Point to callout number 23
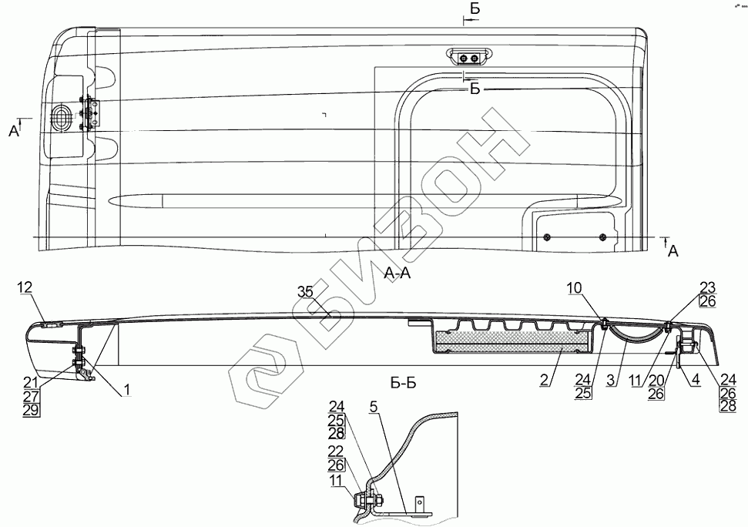coord(708,288)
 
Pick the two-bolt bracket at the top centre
coord(467,57)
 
